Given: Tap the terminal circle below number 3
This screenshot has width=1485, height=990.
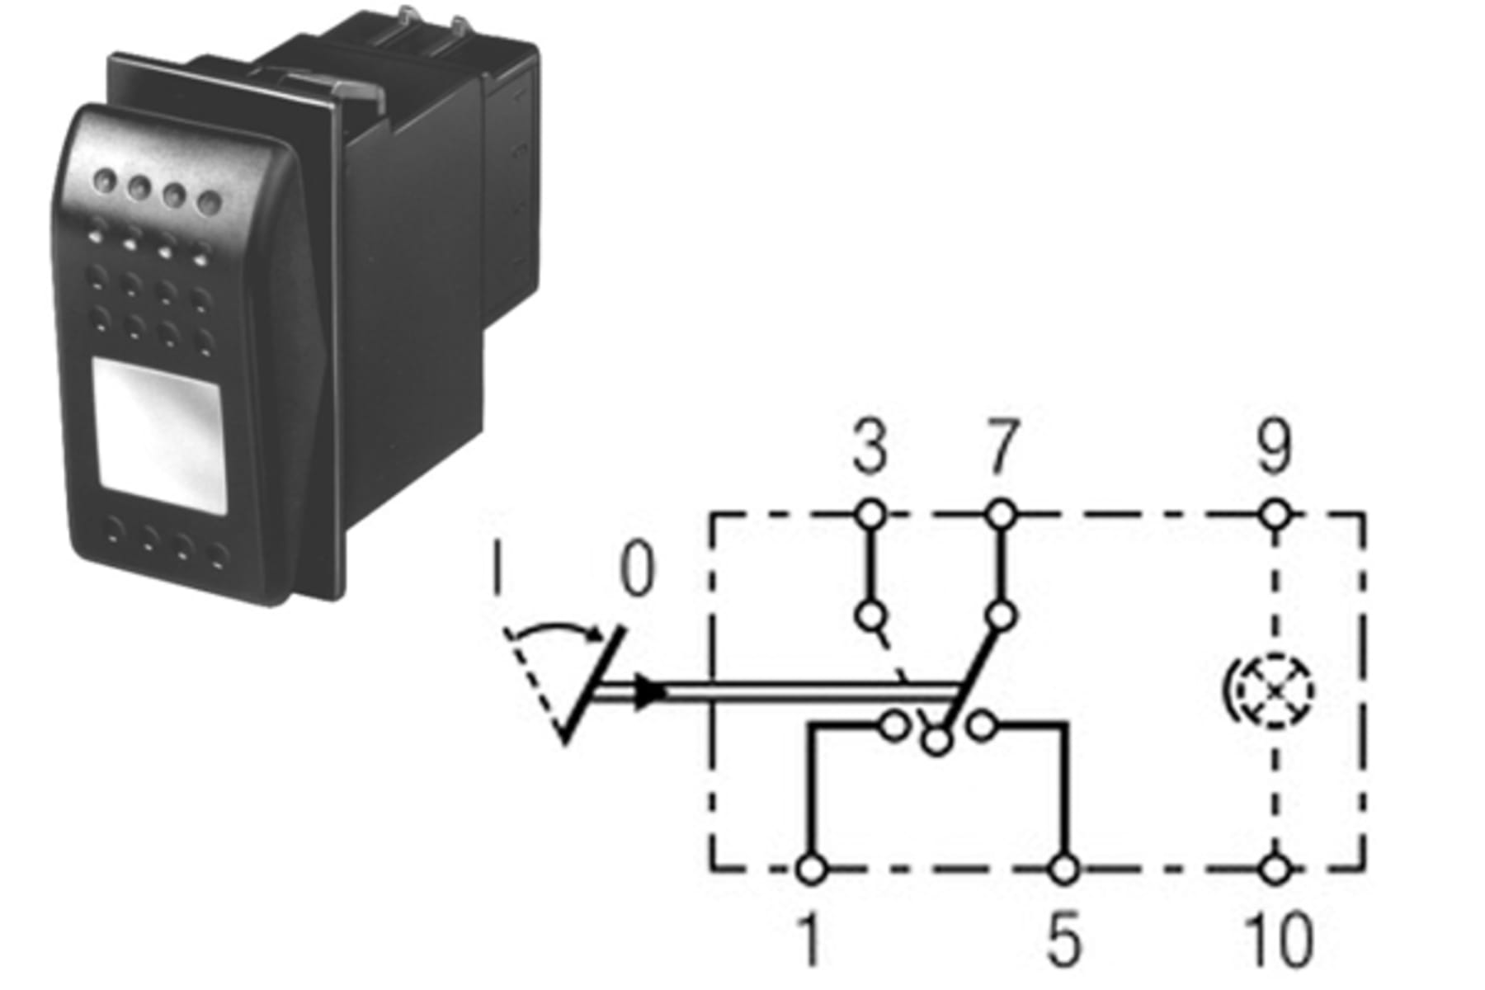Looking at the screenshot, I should coord(870,516).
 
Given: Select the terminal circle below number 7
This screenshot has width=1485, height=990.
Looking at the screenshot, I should coord(1000,516).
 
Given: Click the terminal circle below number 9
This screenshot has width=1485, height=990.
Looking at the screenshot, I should coord(1275,516).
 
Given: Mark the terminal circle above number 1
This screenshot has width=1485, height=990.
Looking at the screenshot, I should coord(812,869).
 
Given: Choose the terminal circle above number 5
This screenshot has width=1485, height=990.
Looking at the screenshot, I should coord(1064,869).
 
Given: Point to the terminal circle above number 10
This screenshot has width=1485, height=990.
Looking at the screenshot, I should coord(1275,869).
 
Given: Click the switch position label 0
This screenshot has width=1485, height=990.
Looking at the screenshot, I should coord(636,569).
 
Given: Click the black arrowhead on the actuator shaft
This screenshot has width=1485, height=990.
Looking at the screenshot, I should coord(652,691).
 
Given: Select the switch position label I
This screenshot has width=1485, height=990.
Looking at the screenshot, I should coord(497,568).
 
